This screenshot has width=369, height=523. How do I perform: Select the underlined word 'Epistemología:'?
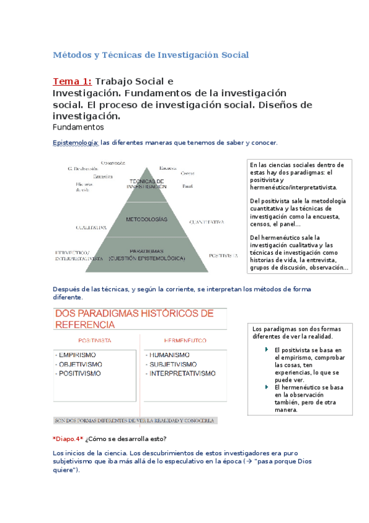tap(76, 142)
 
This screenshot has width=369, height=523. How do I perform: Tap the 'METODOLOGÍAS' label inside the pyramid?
tap(146, 220)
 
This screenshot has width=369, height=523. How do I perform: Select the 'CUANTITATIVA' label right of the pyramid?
tap(206, 221)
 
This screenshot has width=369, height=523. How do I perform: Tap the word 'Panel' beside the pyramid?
tap(188, 185)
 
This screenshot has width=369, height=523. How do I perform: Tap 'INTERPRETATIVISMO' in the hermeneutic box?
tap(182, 373)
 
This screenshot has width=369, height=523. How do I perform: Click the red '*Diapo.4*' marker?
tap(68, 439)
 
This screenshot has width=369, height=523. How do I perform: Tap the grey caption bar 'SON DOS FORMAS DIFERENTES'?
tap(134, 421)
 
